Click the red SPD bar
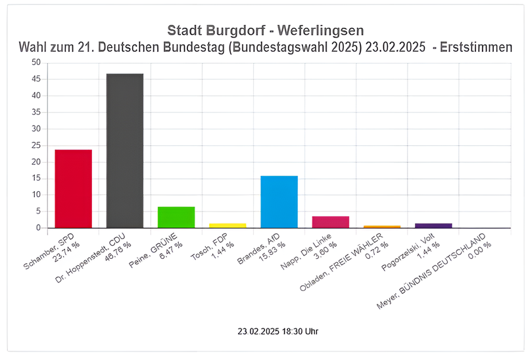point(73,189)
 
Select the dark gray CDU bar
point(125,150)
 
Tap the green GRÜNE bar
point(176,217)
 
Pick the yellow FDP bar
point(227,225)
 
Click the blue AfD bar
point(279,202)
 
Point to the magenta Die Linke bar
point(331,222)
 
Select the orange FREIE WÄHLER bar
point(382,227)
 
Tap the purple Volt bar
point(433,225)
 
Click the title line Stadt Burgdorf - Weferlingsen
point(265,31)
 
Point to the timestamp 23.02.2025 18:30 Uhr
point(278,332)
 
